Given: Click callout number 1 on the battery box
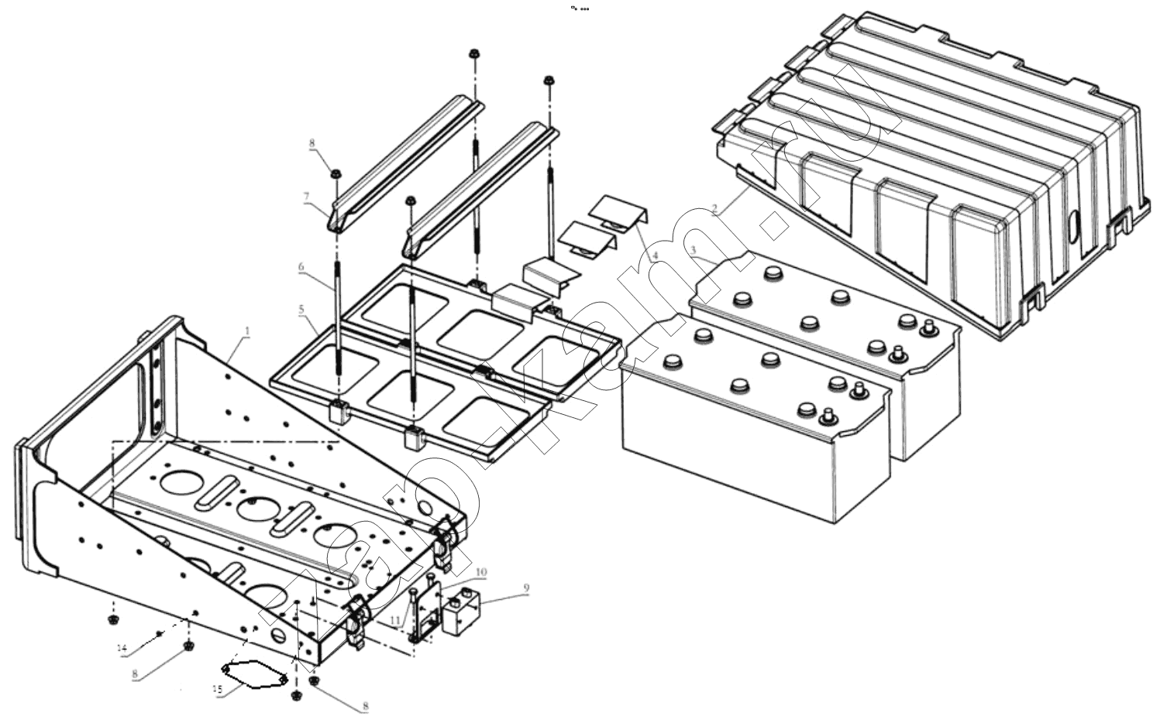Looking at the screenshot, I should pos(247,331).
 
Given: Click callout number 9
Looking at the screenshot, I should pos(526,588).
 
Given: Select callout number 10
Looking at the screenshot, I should pos(481,572).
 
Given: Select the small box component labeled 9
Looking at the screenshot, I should pos(461,614).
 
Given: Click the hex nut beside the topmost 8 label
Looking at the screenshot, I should pos(336,173).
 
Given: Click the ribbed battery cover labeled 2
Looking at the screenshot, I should pos(930,170).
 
